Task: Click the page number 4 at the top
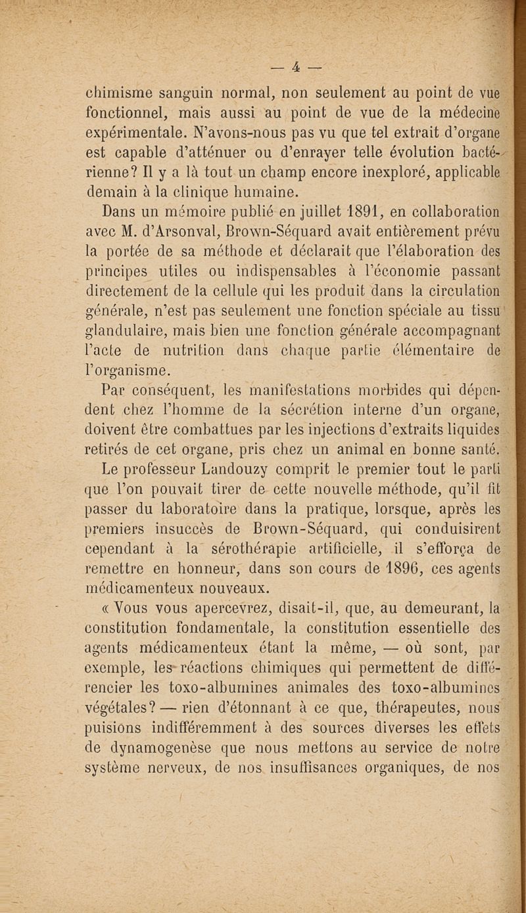296,66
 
